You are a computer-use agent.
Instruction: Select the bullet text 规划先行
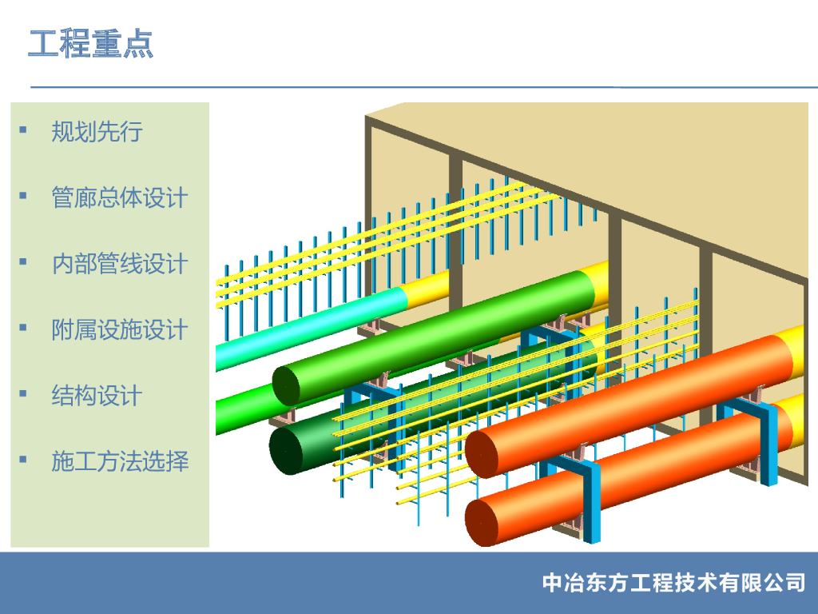tap(97, 131)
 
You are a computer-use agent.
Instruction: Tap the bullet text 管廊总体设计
tap(119, 197)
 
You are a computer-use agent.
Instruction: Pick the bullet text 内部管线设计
tap(119, 263)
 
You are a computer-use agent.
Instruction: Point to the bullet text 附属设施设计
tap(119, 329)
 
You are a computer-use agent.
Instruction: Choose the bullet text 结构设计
tap(97, 395)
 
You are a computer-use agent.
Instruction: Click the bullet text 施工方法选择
tap(119, 460)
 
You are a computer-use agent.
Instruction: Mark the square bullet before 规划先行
tap(22, 130)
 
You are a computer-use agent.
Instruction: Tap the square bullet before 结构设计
tap(22, 393)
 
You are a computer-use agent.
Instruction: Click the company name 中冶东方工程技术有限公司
tap(673, 582)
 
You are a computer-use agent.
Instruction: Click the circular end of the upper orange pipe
tap(482, 453)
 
